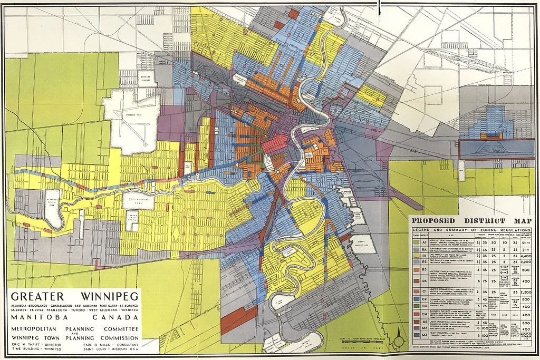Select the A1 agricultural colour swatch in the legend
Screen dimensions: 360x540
click(417, 241)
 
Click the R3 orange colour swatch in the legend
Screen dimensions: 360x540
click(417, 269)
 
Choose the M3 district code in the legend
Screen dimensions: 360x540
click(424, 335)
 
